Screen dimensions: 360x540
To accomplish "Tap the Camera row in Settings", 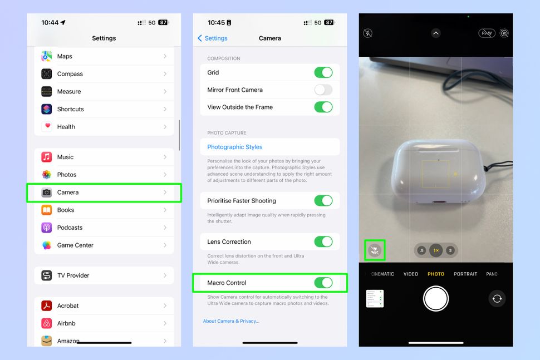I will point(104,193).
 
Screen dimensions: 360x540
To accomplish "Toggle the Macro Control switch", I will point(323,283).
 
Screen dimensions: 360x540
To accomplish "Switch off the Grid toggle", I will point(323,72).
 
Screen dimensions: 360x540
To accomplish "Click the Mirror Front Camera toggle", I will point(323,90).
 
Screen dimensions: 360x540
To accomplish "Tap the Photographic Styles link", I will point(235,147).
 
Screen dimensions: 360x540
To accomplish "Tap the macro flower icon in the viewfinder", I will point(375,250).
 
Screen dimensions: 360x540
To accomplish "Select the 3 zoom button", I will point(450,250).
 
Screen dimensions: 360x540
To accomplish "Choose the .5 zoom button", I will point(421,250).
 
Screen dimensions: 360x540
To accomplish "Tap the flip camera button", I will point(497,299).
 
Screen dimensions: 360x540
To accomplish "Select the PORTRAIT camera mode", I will point(465,274).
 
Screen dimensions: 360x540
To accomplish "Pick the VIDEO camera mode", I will point(411,274).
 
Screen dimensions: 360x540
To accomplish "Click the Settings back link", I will point(213,38).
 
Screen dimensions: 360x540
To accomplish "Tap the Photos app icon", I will point(47,175).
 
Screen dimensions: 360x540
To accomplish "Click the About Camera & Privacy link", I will point(231,321).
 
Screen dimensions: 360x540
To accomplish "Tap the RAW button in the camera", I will point(487,33).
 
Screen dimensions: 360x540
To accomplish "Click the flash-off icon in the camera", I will point(368,33).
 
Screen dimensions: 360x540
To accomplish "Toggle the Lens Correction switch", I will point(323,241).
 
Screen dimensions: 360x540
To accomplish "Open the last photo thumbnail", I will point(375,299).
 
